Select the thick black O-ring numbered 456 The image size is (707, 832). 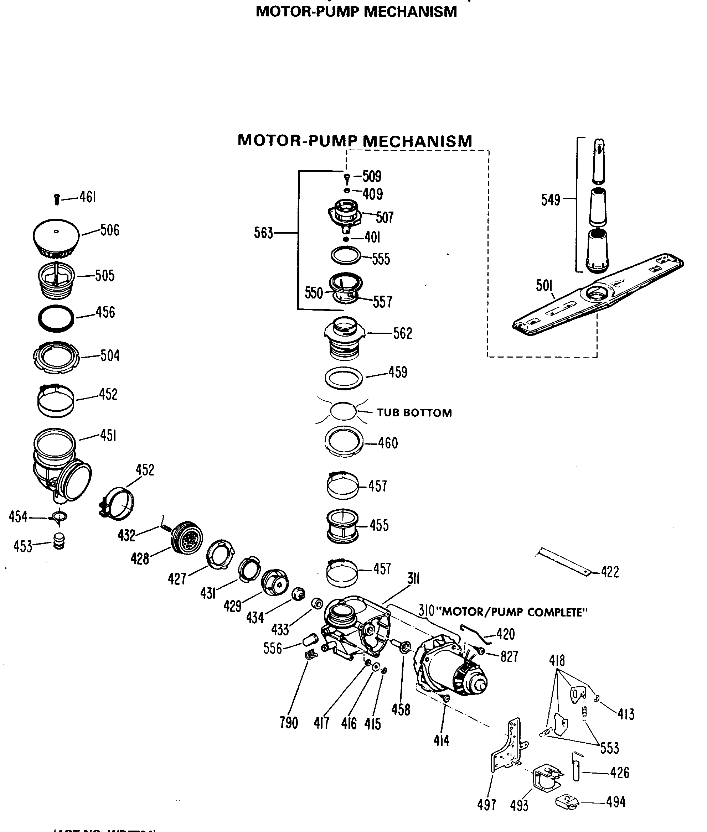[x=56, y=318]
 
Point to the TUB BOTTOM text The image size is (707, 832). [x=414, y=413]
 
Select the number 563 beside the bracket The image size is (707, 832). [x=263, y=233]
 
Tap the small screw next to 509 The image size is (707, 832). [x=347, y=178]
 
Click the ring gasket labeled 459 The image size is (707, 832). [x=344, y=378]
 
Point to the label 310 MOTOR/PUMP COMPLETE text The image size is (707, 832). [x=503, y=612]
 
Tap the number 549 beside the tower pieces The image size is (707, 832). [x=550, y=200]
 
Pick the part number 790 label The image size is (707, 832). [x=289, y=723]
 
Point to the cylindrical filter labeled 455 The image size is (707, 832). [x=343, y=526]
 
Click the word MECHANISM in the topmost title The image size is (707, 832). [x=411, y=12]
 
